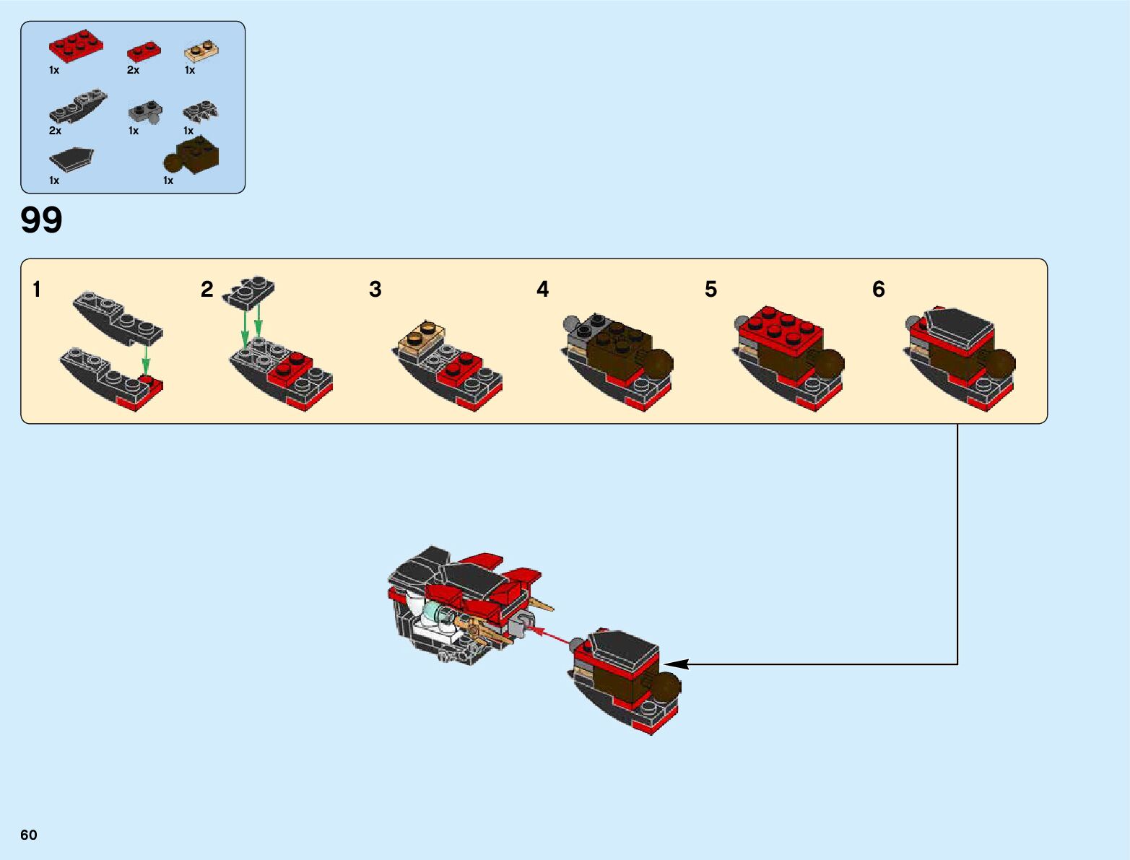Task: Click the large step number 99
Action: coord(42,220)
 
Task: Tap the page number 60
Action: coord(29,835)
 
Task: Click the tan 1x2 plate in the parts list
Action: coord(201,51)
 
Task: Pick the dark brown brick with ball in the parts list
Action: coord(193,155)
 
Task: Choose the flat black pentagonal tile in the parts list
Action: coord(71,159)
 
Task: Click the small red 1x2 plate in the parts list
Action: coord(144,51)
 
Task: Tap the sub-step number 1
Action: coord(37,290)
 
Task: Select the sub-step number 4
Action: coord(542,290)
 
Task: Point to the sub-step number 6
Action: coord(878,290)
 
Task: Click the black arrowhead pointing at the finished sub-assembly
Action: coord(674,664)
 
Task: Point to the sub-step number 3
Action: coord(375,290)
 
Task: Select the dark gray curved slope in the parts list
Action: coord(78,106)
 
